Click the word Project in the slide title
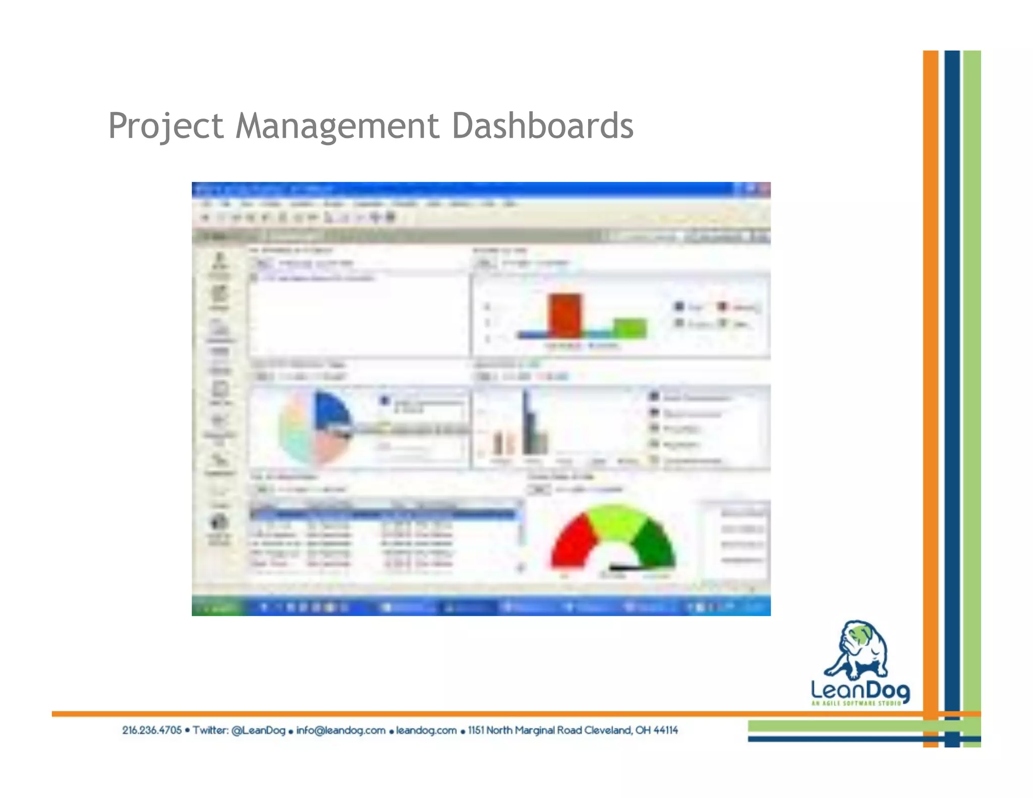point(165,126)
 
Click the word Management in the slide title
point(337,126)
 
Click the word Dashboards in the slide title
point(542,126)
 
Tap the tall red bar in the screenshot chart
point(565,315)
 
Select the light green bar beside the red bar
point(629,328)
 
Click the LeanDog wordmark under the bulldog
point(860,690)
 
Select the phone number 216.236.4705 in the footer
point(152,730)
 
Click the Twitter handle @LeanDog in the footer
point(258,730)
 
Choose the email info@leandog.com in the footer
point(340,730)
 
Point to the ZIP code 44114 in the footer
point(666,730)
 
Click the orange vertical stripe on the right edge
point(931,353)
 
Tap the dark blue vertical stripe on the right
point(952,353)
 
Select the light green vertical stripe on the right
point(972,353)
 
